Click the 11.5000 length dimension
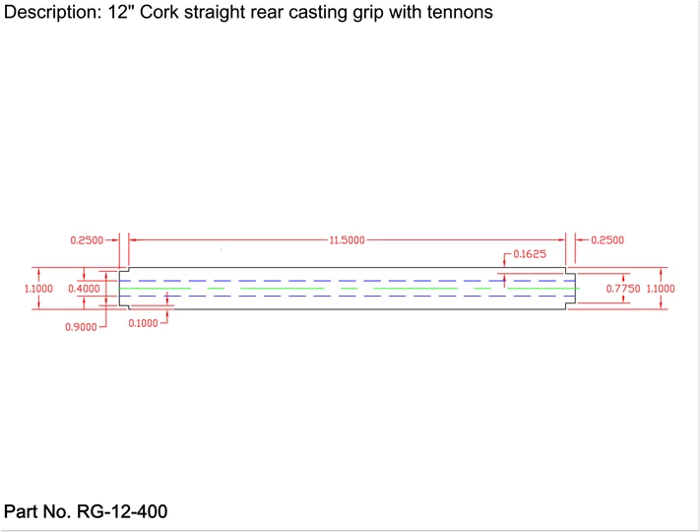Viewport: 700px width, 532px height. point(348,239)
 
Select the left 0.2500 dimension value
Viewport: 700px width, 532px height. point(88,239)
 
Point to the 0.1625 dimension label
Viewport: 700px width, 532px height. point(531,254)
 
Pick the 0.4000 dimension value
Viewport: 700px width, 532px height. point(84,288)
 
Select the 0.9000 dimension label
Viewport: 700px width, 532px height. point(81,326)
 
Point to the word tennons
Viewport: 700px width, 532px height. point(458,13)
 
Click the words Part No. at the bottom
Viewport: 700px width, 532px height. point(38,511)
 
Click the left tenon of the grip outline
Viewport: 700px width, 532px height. point(124,288)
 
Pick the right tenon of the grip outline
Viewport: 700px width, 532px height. point(571,288)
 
